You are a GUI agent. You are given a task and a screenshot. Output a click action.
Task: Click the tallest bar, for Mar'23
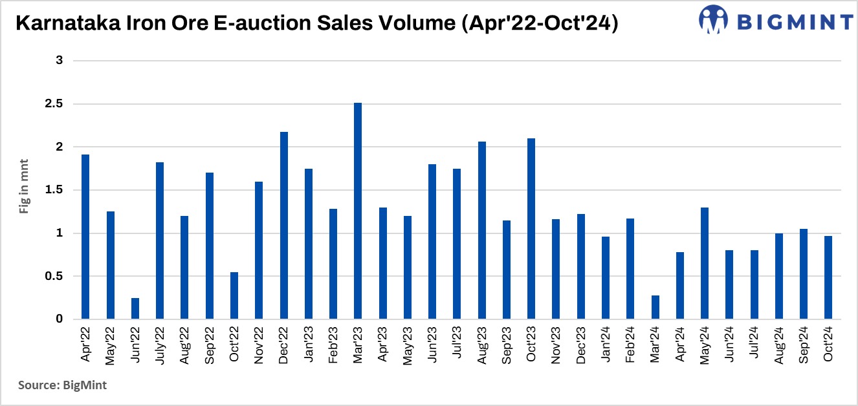point(358,211)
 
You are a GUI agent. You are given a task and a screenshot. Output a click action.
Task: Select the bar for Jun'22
point(135,308)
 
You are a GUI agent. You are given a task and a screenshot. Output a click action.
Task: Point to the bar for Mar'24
point(655,307)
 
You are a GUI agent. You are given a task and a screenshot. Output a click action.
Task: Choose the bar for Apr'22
point(85,237)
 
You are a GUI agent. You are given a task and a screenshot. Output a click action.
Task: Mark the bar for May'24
point(705,263)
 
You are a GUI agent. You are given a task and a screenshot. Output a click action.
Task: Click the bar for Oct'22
point(234,295)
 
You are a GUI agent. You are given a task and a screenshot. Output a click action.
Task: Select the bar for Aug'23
point(481,230)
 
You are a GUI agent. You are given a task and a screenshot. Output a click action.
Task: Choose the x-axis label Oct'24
point(828,345)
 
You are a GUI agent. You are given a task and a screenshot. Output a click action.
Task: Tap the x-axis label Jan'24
point(606,345)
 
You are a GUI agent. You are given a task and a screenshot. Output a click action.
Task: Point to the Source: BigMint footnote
point(62,385)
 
